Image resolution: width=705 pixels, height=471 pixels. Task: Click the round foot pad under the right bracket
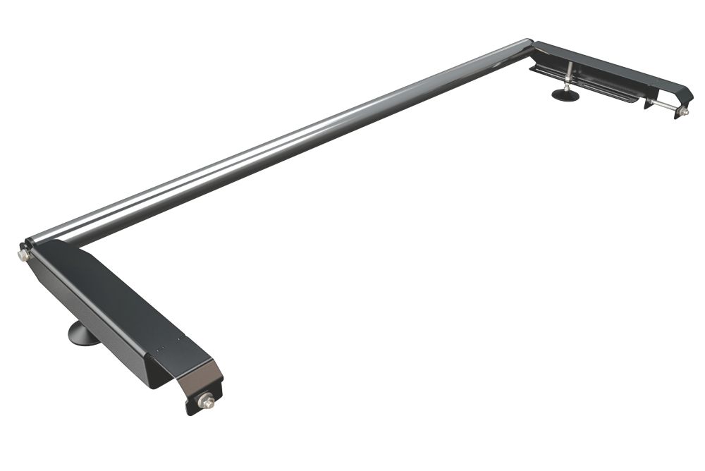coord(565,94)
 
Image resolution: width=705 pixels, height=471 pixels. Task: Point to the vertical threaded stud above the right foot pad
coord(568,73)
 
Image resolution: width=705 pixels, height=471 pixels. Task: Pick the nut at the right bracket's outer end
coord(682,111)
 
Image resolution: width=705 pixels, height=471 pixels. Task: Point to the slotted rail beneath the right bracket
coord(599,88)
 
